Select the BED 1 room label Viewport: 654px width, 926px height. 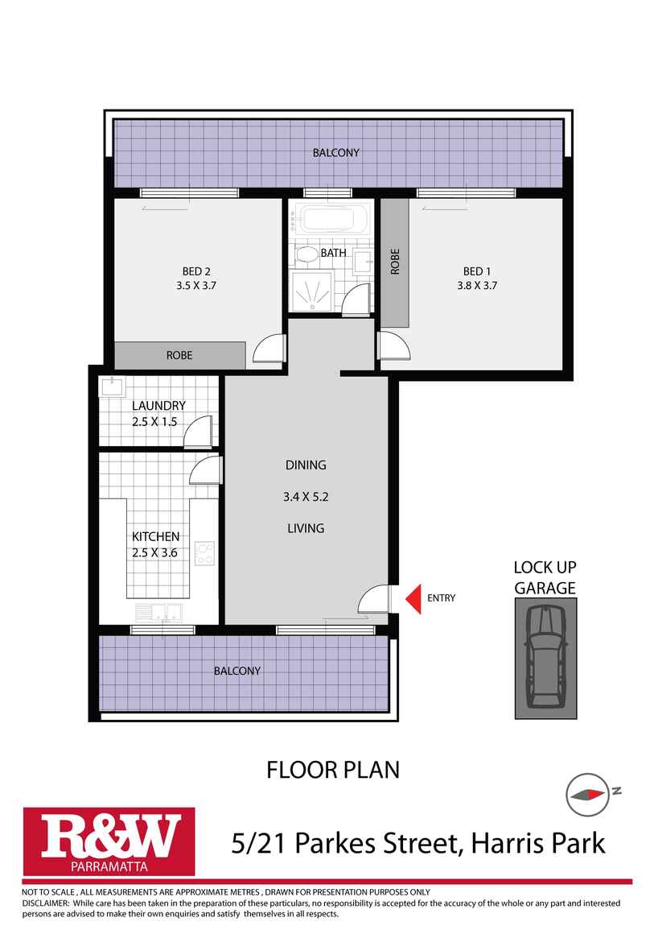point(475,271)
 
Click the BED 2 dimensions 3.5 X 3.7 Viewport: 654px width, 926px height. point(196,285)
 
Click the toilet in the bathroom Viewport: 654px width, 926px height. point(306,255)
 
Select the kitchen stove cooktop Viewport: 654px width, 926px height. point(205,552)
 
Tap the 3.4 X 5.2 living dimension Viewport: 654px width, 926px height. point(306,497)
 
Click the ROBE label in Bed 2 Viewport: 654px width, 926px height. point(179,355)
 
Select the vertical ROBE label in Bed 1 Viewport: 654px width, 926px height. point(394,263)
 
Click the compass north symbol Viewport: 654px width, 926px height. point(586,792)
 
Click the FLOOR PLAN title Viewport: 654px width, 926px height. point(333,770)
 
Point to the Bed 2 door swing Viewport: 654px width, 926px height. point(269,348)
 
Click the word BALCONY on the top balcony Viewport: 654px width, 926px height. point(336,152)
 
